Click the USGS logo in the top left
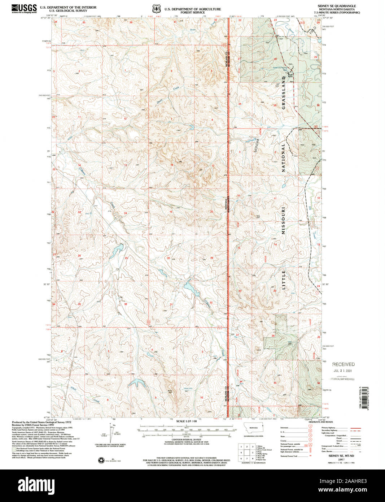24,8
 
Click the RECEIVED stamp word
343,364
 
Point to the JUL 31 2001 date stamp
343,371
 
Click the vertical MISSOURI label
284,220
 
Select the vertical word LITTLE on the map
284,279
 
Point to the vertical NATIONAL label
284,157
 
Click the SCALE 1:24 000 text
187,421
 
